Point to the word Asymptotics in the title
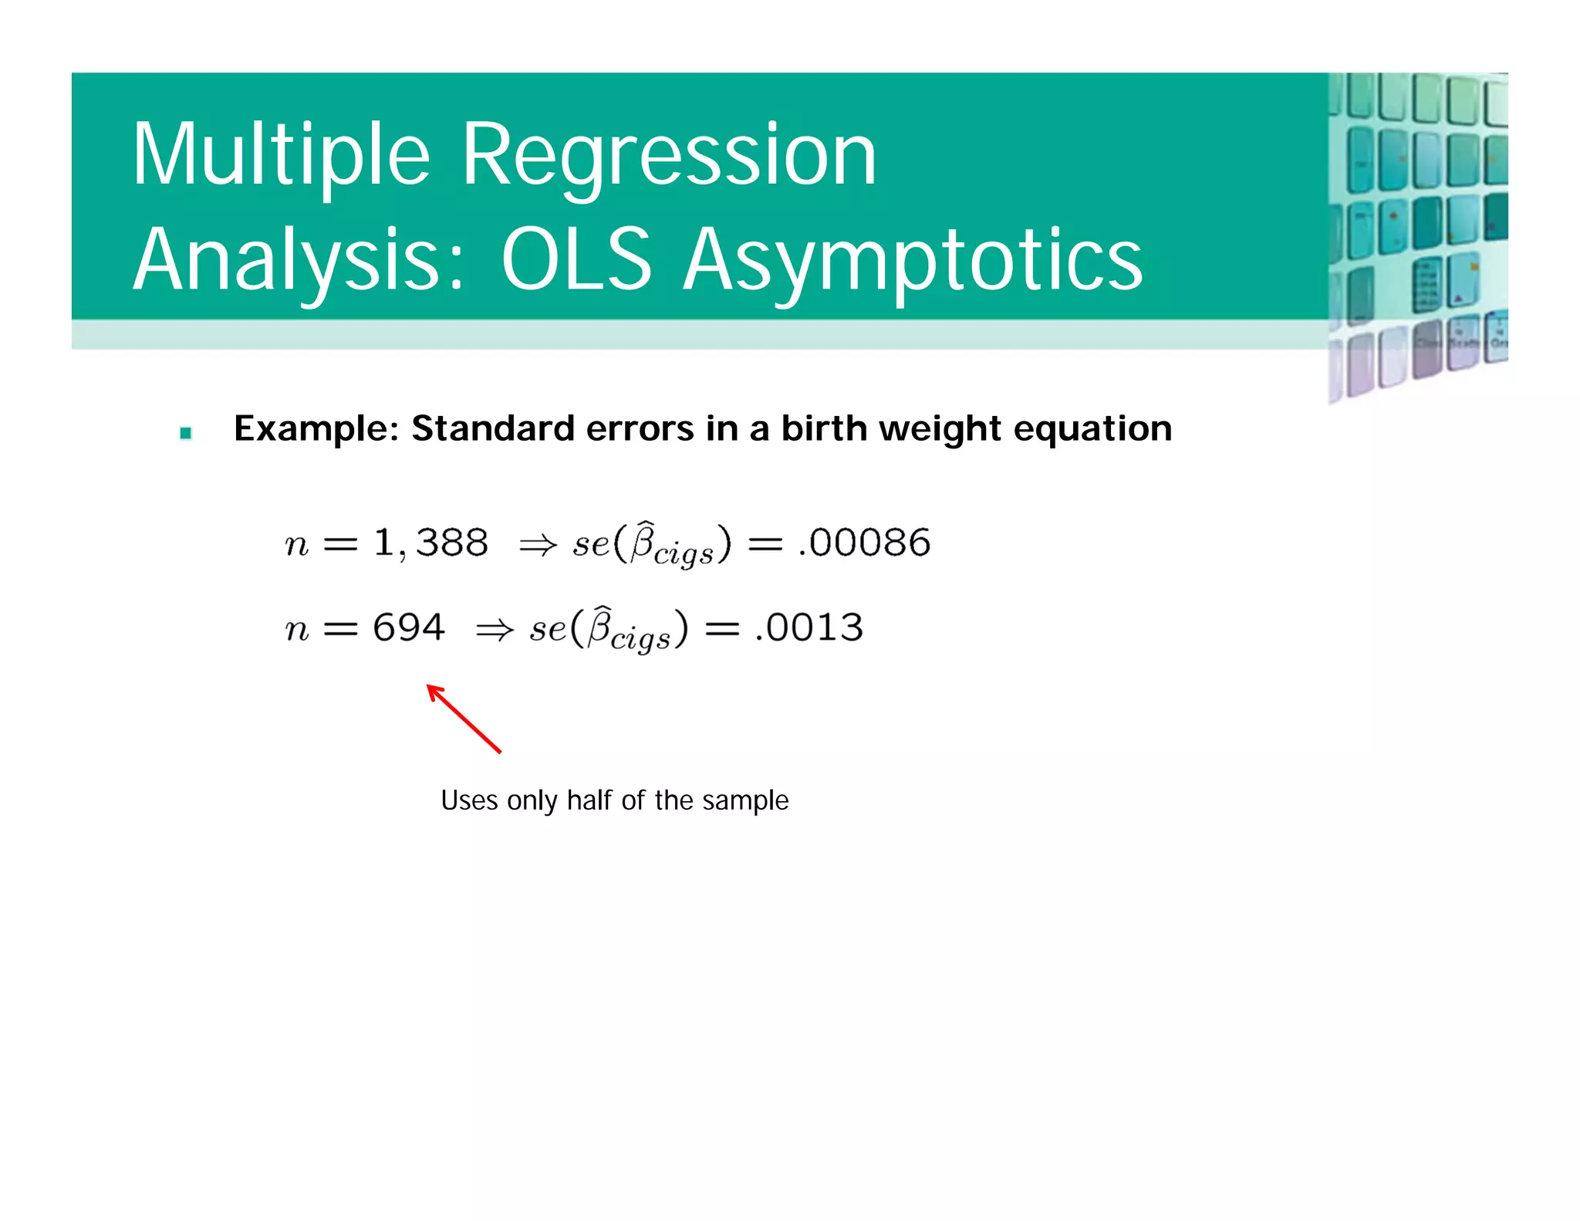click(x=913, y=261)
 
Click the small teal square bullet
click(x=185, y=433)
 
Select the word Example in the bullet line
click(x=316, y=429)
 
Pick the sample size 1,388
click(x=430, y=543)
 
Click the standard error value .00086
click(x=865, y=543)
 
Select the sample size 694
click(x=409, y=627)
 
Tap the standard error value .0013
click(x=809, y=627)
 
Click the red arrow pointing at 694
click(x=464, y=719)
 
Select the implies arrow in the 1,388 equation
click(x=538, y=546)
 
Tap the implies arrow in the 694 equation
click(x=495, y=631)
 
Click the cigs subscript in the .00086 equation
click(x=684, y=554)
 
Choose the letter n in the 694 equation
click(x=297, y=630)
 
